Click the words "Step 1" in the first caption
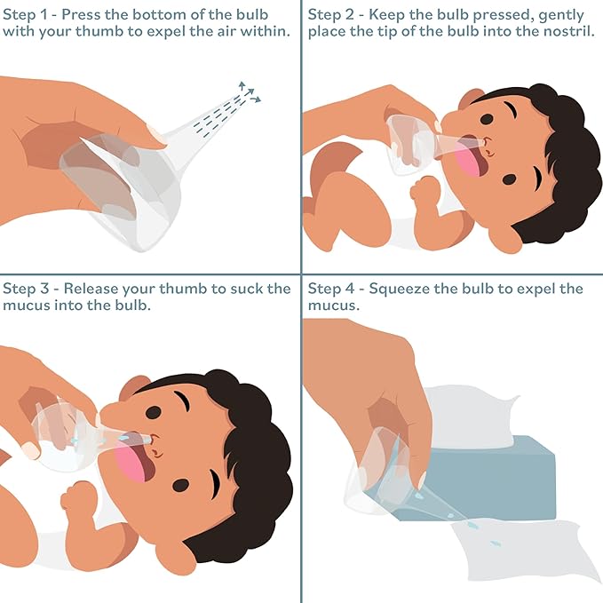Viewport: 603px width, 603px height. (26, 16)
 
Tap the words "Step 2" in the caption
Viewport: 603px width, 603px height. (332, 16)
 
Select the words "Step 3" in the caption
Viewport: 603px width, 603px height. (26, 289)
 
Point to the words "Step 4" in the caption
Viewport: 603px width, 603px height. (332, 289)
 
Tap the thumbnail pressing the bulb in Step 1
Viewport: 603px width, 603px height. (156, 135)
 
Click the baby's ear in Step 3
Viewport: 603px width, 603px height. (133, 388)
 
